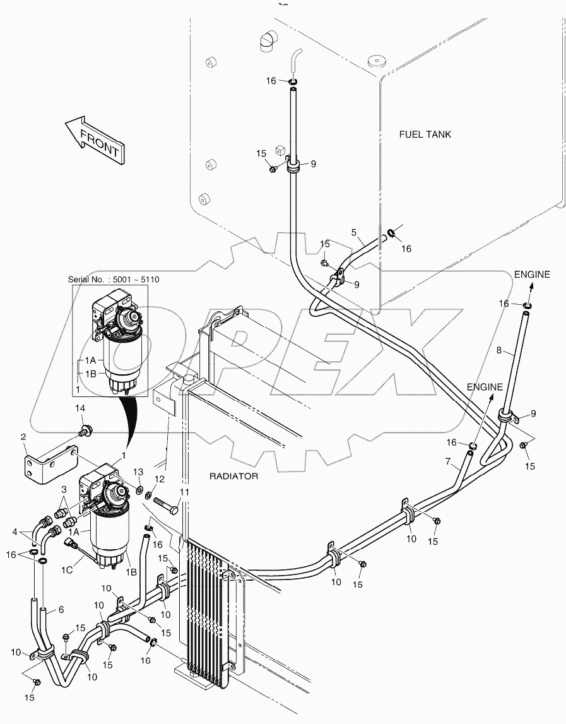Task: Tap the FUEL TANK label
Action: point(425,134)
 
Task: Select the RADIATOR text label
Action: point(234,476)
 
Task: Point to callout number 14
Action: point(80,409)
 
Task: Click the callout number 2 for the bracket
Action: point(23,436)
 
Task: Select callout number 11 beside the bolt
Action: point(184,492)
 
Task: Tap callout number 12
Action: point(160,479)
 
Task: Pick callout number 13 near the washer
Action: point(138,472)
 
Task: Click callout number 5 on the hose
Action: point(354,232)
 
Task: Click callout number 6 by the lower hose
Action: point(61,610)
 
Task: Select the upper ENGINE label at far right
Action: point(531,275)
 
